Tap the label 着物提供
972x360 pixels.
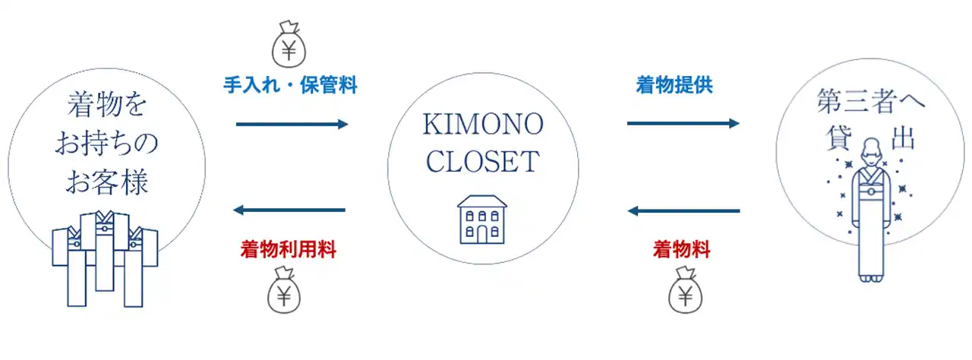(x=674, y=85)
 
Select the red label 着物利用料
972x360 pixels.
(x=289, y=248)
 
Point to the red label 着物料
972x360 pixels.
(x=681, y=248)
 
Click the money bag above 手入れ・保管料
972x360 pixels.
(x=289, y=46)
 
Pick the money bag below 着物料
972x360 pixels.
(x=686, y=293)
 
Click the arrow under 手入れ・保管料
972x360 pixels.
(x=292, y=124)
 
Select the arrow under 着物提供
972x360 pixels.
(x=683, y=123)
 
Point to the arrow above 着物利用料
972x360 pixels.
(x=289, y=210)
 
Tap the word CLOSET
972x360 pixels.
(x=482, y=161)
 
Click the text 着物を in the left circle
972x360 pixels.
(x=106, y=104)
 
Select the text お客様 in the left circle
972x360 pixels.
(x=106, y=182)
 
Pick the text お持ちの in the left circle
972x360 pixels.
(x=106, y=143)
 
